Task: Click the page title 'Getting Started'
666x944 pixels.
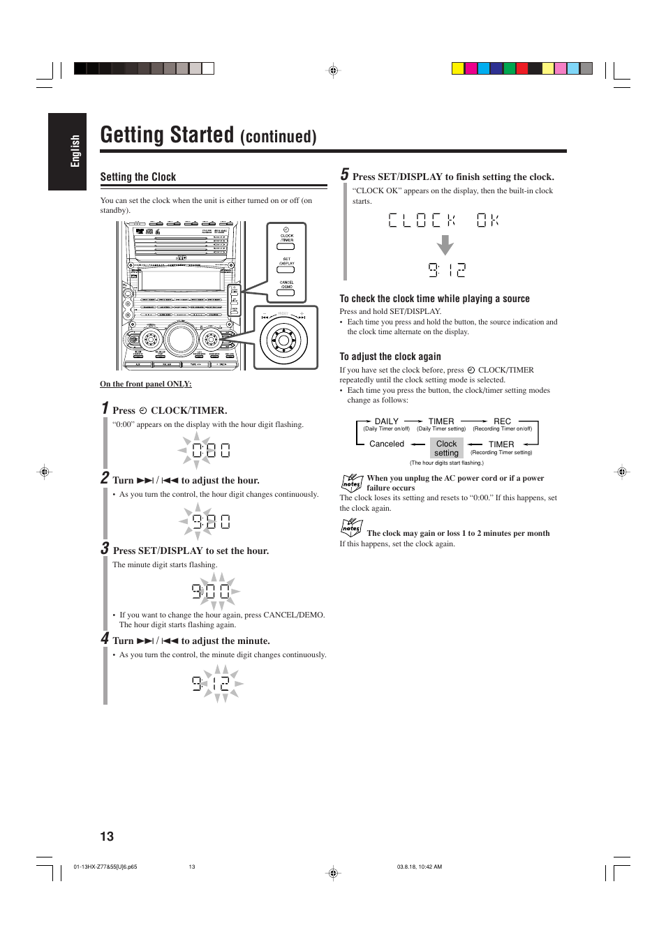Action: tap(167, 135)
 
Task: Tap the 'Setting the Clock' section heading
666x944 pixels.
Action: tap(138, 177)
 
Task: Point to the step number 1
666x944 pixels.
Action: tap(105, 408)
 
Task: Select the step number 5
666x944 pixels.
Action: tap(344, 174)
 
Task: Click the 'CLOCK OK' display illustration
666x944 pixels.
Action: tap(443, 220)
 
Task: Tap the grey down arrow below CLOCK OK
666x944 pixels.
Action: tap(445, 246)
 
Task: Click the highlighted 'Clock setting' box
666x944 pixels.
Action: tap(446, 448)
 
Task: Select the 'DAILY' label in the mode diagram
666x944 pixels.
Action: tap(386, 421)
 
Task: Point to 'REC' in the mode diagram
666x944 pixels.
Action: tap(502, 421)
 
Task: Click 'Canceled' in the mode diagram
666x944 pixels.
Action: tap(387, 444)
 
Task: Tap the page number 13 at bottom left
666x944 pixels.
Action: tap(107, 837)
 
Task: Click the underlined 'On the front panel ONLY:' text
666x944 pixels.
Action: tap(145, 384)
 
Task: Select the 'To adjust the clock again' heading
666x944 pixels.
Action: tap(390, 357)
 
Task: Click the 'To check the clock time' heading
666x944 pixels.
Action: tap(434, 299)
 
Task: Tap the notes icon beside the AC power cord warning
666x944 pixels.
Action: tap(351, 482)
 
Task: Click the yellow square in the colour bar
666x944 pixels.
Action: tap(458, 68)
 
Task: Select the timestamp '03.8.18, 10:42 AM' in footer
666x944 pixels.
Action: tap(419, 867)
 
